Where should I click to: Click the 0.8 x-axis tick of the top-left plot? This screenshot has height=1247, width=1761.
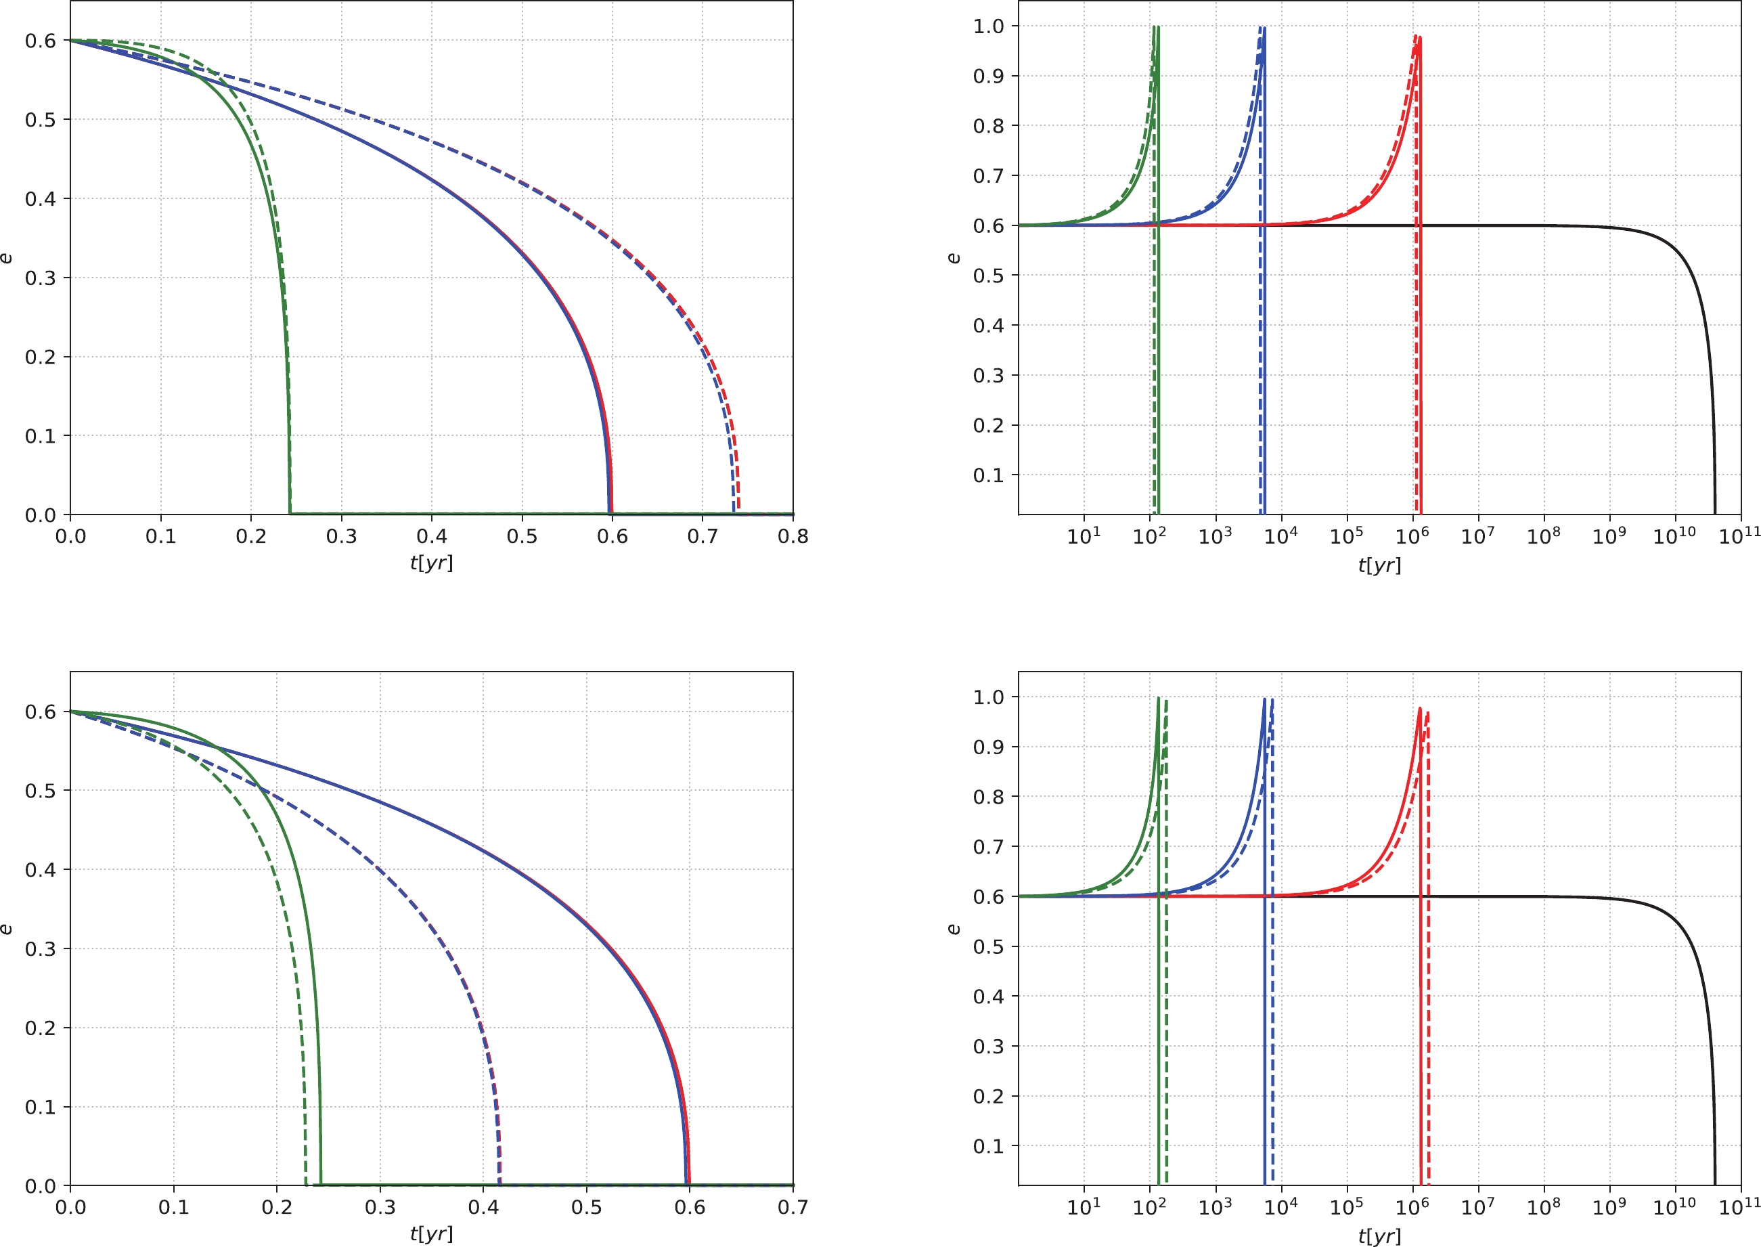click(793, 536)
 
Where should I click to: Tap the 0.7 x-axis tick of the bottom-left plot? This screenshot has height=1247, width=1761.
click(793, 1207)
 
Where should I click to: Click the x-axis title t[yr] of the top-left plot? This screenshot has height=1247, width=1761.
click(431, 563)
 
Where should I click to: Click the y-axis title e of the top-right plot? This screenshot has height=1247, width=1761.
click(953, 258)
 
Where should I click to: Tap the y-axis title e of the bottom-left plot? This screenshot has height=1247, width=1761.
click(6, 929)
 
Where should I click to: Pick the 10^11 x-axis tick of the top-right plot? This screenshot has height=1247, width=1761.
click(1739, 536)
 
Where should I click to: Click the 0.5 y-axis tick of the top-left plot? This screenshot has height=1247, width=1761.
click(40, 120)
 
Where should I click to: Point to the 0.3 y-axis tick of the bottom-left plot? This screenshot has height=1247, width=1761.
click(40, 949)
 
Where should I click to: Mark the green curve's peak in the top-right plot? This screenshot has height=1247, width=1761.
click(1155, 27)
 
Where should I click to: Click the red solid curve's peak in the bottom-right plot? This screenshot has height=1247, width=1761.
click(1419, 709)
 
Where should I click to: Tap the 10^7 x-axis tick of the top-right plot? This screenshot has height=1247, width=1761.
click(1477, 536)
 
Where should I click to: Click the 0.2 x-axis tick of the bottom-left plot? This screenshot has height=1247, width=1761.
click(276, 1207)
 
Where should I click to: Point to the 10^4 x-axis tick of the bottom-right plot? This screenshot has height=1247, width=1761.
click(1280, 1207)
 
